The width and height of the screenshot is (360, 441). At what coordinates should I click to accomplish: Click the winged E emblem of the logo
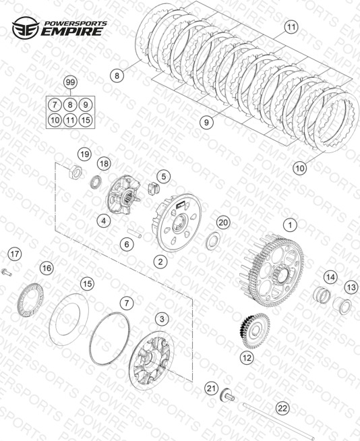[26, 28]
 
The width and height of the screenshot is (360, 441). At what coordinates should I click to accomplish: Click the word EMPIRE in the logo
[71, 32]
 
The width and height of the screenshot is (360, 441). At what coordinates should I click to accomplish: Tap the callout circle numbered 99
[70, 82]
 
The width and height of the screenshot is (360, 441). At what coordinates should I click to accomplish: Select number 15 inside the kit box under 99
[86, 121]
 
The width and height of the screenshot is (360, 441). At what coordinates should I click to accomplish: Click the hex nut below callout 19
[76, 171]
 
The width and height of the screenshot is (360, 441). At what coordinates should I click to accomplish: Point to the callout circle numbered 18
[104, 163]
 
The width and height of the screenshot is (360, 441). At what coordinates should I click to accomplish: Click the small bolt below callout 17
[7, 272]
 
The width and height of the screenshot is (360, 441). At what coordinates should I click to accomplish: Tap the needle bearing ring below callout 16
[31, 300]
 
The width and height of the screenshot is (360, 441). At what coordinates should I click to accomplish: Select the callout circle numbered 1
[291, 225]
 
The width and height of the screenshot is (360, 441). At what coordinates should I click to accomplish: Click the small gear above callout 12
[255, 330]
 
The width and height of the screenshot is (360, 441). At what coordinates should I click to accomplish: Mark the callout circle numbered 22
[282, 408]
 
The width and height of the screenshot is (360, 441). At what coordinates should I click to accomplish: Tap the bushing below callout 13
[342, 305]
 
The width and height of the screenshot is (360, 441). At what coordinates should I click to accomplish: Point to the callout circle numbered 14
[330, 277]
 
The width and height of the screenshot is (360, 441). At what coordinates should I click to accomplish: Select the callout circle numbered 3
[162, 319]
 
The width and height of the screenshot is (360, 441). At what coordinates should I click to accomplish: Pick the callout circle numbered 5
[164, 177]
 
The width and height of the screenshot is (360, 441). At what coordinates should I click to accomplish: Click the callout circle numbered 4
[104, 220]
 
